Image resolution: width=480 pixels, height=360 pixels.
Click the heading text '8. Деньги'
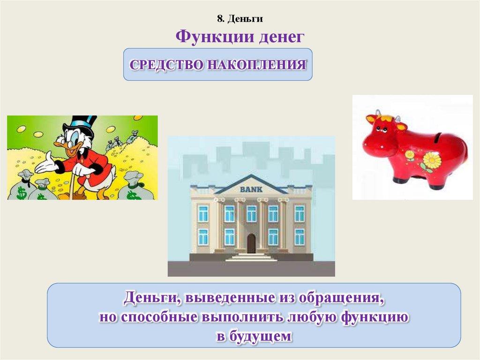240,19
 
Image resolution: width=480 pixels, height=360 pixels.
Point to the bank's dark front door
251,244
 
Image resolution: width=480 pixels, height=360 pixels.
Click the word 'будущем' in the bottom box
262,337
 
